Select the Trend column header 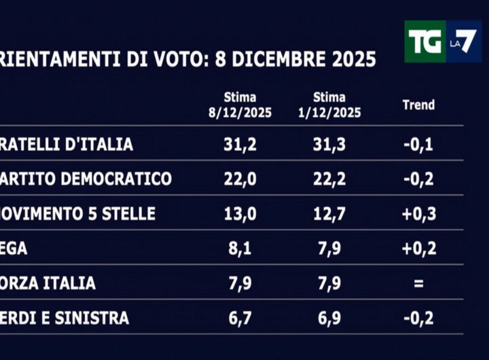point(418,105)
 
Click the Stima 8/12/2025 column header point(240,105)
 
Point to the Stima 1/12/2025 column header point(329,105)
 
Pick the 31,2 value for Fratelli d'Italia point(240,144)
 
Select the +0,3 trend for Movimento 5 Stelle point(418,214)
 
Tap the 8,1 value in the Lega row point(240,249)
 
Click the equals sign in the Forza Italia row point(418,283)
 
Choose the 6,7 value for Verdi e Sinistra point(240,318)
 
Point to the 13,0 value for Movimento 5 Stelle point(240,214)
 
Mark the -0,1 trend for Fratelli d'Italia point(418,144)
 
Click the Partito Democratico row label point(86,179)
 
